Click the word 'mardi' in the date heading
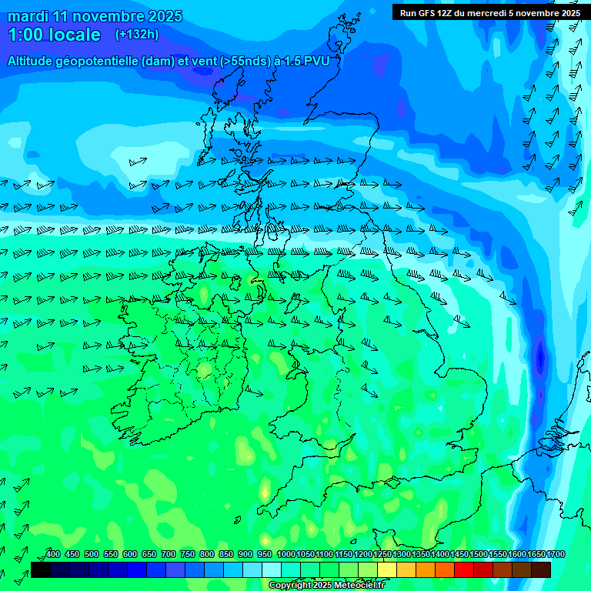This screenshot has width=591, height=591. (28, 16)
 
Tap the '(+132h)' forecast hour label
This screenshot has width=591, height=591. (137, 34)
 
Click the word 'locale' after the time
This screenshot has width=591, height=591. (74, 35)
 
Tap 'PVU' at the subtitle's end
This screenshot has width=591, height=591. (316, 61)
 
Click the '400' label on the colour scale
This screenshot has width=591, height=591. (53, 554)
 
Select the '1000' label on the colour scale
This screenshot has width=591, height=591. (286, 554)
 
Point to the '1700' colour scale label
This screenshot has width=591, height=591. (556, 554)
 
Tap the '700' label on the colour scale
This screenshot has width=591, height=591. (169, 554)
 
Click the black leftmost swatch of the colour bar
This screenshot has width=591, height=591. (41, 569)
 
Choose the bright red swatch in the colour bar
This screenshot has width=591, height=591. (464, 569)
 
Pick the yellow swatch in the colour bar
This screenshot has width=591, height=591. (387, 569)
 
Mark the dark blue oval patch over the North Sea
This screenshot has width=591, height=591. (540, 358)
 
